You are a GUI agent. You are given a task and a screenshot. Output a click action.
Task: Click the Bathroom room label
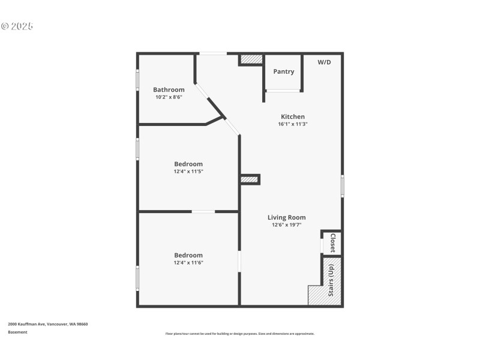click(169, 90)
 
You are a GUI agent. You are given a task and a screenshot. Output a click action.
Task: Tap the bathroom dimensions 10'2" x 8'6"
click(169, 97)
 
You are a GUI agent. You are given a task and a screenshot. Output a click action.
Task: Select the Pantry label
click(284, 71)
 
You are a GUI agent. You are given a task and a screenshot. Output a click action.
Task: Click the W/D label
click(324, 62)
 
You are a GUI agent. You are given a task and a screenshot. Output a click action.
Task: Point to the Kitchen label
click(293, 116)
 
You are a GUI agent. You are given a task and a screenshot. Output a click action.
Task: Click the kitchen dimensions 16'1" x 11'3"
click(293, 124)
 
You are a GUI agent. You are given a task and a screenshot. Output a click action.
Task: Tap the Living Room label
click(286, 217)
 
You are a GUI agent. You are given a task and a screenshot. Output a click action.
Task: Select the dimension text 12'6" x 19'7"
click(286, 225)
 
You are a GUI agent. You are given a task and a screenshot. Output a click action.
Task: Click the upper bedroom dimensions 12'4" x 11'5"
click(188, 172)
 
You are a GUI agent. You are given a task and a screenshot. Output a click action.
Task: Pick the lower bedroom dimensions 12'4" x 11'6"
click(188, 263)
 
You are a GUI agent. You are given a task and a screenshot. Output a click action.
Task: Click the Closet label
click(333, 244)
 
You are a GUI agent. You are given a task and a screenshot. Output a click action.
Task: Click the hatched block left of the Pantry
click(251, 59)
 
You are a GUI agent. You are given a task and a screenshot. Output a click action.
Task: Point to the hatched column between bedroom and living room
click(249, 179)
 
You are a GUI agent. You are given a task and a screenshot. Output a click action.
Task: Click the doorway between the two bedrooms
click(203, 211)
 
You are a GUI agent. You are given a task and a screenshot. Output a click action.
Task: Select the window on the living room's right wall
click(343, 186)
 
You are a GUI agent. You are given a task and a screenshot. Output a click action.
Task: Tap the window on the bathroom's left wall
click(137, 80)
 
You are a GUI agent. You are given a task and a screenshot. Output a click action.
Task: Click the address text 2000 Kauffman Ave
click(48, 324)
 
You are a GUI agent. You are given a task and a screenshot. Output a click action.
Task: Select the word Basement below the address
click(17, 332)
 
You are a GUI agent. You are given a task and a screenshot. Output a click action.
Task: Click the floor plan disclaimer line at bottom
click(239, 334)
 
